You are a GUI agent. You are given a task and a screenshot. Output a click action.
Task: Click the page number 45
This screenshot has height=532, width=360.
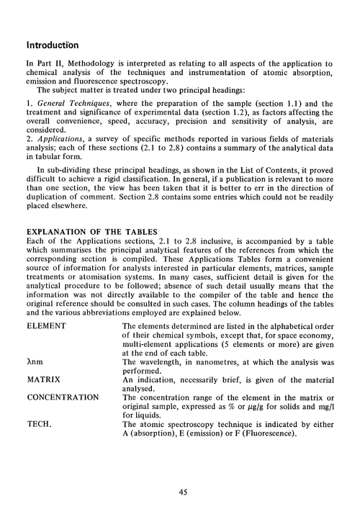coord(180,492)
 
